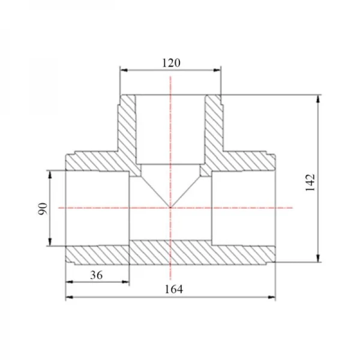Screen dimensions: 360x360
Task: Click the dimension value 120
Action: [x=171, y=63]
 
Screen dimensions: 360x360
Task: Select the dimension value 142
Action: [x=310, y=183]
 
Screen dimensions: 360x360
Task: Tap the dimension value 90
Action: [x=43, y=209]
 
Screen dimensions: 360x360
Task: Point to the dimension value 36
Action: [x=96, y=275]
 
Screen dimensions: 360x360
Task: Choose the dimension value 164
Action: [x=174, y=289]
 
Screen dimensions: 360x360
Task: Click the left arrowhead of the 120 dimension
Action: [x=124, y=70]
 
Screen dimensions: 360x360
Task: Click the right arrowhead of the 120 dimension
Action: [x=217, y=70]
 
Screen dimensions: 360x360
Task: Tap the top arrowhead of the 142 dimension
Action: [x=318, y=99]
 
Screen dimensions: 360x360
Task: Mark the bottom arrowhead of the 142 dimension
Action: [x=318, y=258]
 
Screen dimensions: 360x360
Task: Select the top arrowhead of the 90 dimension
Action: [x=50, y=175]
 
